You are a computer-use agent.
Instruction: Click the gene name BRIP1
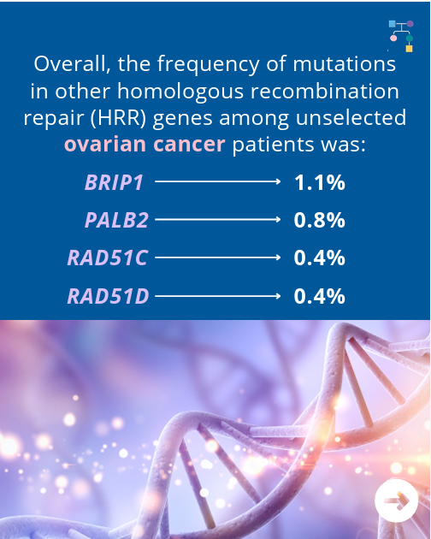pos(114,182)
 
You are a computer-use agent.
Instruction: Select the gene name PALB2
pos(116,220)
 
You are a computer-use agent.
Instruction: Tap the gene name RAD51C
pos(108,258)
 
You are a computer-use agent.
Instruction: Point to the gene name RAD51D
pos(108,296)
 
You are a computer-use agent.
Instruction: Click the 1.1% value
pos(320,182)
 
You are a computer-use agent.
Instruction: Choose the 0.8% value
pos(320,220)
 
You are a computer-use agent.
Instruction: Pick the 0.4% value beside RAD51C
pos(320,258)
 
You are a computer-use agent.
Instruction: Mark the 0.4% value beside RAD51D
pos(320,296)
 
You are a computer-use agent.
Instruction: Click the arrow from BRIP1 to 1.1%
pos(218,181)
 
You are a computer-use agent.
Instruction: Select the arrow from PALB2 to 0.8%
pos(218,219)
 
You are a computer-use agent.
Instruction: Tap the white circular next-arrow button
pos(396,500)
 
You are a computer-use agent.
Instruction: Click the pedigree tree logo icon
pos(401,36)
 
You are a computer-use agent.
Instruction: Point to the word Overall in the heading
pos(73,64)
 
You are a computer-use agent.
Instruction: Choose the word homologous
pos(180,91)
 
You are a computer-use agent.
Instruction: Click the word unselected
pos(351,117)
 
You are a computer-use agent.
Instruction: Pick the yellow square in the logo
pos(409,49)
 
